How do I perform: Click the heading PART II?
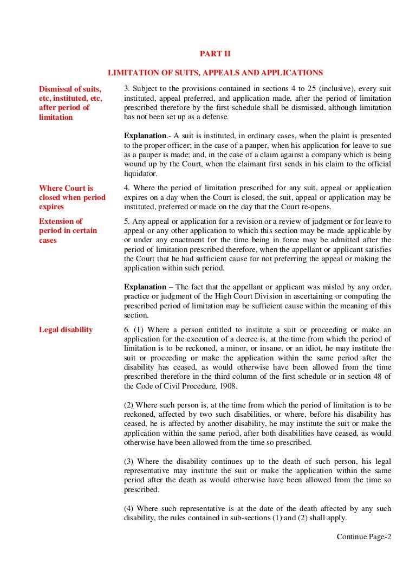[216, 54]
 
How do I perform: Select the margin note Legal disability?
[66, 329]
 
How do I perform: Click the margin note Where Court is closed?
[72, 197]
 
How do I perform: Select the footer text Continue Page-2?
[363, 537]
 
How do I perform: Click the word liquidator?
[140, 174]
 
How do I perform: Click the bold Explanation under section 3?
[145, 135]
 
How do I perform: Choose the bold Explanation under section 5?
[145, 287]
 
